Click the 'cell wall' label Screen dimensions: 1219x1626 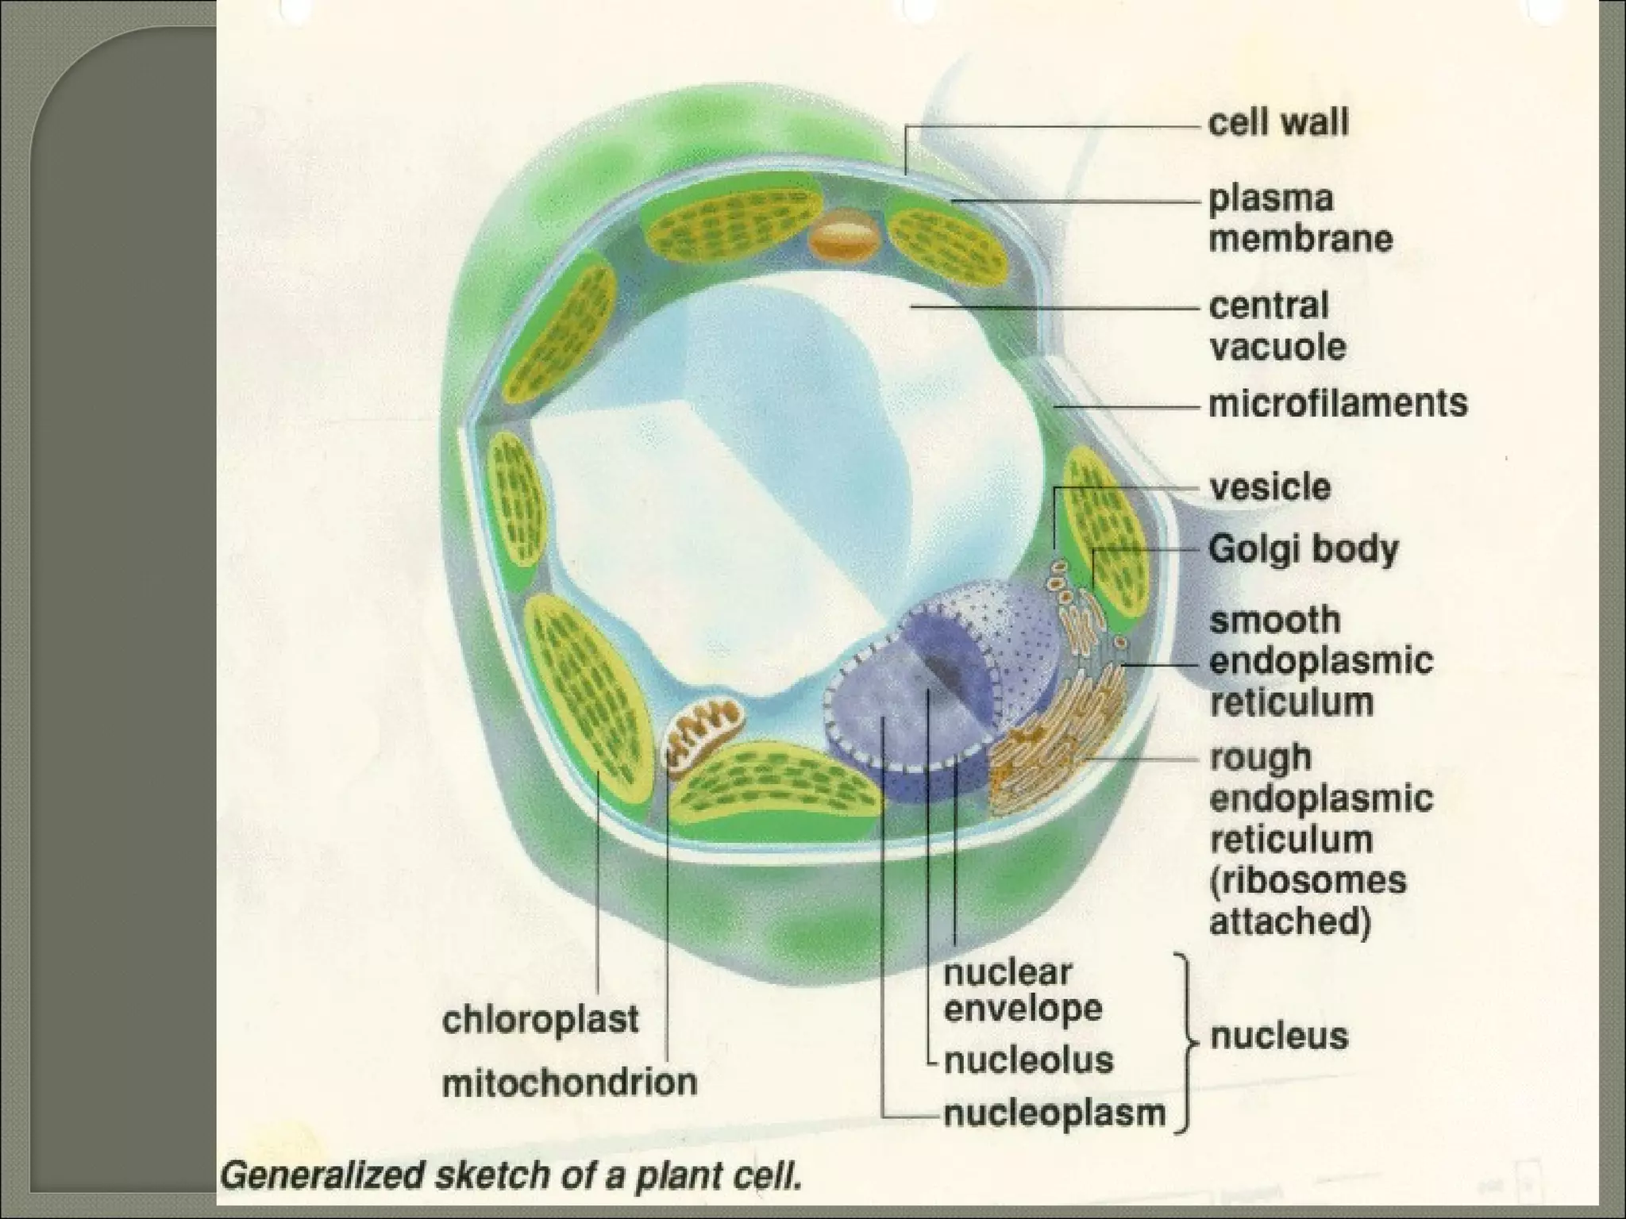pyautogui.click(x=1277, y=124)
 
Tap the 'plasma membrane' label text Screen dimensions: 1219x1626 pyautogui.click(x=1300, y=219)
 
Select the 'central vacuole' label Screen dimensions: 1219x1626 pyautogui.click(x=1277, y=326)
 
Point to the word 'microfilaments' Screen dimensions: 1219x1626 pyautogui.click(x=1337, y=403)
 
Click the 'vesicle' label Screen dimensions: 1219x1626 pyautogui.click(x=1269, y=487)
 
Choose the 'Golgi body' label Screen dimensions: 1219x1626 pyautogui.click(x=1303, y=549)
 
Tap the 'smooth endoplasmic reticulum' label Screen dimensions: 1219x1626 pyautogui.click(x=1320, y=661)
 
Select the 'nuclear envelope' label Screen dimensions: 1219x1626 pyautogui.click(x=1023, y=990)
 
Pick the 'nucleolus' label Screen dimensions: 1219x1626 pyautogui.click(x=1028, y=1060)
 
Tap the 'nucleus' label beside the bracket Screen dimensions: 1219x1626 pyautogui.click(x=1278, y=1036)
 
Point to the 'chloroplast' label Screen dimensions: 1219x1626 pyautogui.click(x=540, y=1019)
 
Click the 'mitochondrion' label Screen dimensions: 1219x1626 pyautogui.click(x=569, y=1082)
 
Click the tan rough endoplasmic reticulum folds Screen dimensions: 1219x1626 pyautogui.click(x=1048, y=738)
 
